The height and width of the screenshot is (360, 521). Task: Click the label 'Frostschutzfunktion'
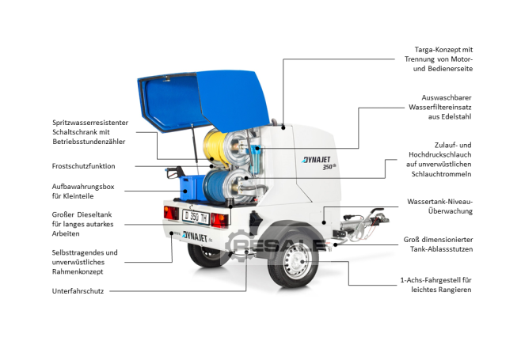[83, 166]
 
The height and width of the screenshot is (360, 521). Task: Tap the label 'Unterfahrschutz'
[78, 291]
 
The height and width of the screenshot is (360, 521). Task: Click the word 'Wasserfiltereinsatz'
[440, 108]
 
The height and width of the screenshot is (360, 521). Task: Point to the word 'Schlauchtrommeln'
[441, 174]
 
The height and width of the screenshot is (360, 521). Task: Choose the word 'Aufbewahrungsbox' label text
[83, 187]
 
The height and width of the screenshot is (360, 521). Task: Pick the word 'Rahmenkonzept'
[78, 271]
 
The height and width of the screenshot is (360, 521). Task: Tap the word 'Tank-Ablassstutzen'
[441, 249]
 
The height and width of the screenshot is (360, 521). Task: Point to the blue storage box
[192, 188]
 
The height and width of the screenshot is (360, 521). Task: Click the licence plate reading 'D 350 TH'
[196, 218]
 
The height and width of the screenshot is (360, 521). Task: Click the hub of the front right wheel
[297, 261]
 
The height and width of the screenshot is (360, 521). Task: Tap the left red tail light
[171, 213]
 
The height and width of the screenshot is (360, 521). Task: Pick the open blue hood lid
[203, 100]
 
